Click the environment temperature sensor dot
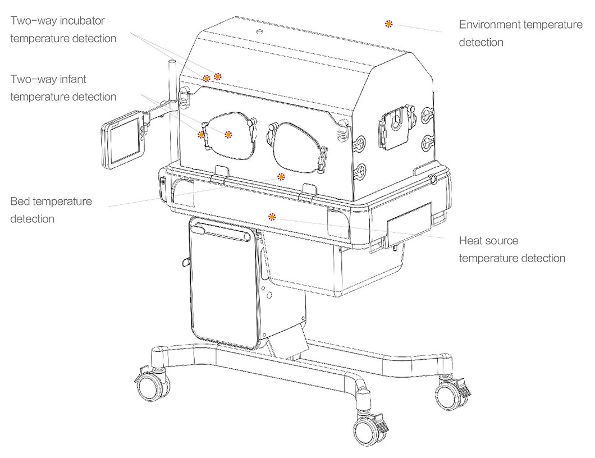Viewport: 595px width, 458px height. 388,24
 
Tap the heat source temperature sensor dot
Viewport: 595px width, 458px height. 272,217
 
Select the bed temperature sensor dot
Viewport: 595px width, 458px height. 281,176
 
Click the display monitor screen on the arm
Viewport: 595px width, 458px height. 126,141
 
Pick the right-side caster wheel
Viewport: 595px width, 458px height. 450,394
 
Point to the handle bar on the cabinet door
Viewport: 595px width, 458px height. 221,232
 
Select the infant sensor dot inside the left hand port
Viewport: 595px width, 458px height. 228,134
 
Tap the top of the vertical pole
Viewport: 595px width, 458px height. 172,62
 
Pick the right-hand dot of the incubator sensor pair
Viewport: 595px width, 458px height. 217,77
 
